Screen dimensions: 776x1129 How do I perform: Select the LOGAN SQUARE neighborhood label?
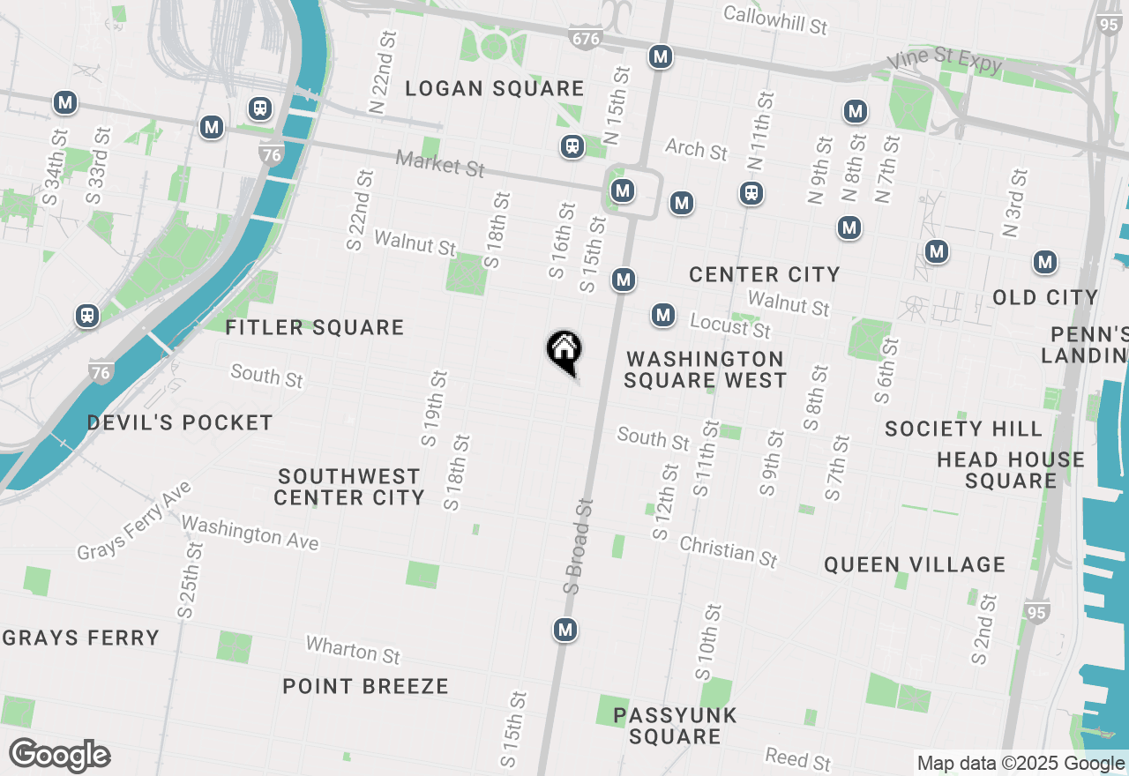[494, 88]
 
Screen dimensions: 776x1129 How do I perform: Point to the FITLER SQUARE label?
[314, 328]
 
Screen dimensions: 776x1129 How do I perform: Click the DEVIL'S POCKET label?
[180, 422]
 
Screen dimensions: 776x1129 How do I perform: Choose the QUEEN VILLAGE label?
[915, 564]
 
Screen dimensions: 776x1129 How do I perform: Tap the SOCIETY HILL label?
[963, 429]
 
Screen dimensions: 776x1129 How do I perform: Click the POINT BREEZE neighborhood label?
[365, 686]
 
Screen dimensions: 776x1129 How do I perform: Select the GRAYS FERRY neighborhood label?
[80, 638]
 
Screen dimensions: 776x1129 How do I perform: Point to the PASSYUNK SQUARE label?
[675, 725]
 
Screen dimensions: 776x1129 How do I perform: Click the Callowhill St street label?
[775, 19]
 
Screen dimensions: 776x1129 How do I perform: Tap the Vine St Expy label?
[945, 62]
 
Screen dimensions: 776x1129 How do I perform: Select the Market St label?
[440, 163]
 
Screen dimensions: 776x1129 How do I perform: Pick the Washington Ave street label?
[250, 533]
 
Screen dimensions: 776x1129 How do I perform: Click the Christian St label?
[729, 551]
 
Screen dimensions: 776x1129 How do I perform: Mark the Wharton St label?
[353, 650]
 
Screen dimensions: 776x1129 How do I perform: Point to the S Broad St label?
[579, 544]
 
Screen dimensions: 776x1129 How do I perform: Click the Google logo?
[59, 755]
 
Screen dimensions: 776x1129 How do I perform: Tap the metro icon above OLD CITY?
[1045, 262]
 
